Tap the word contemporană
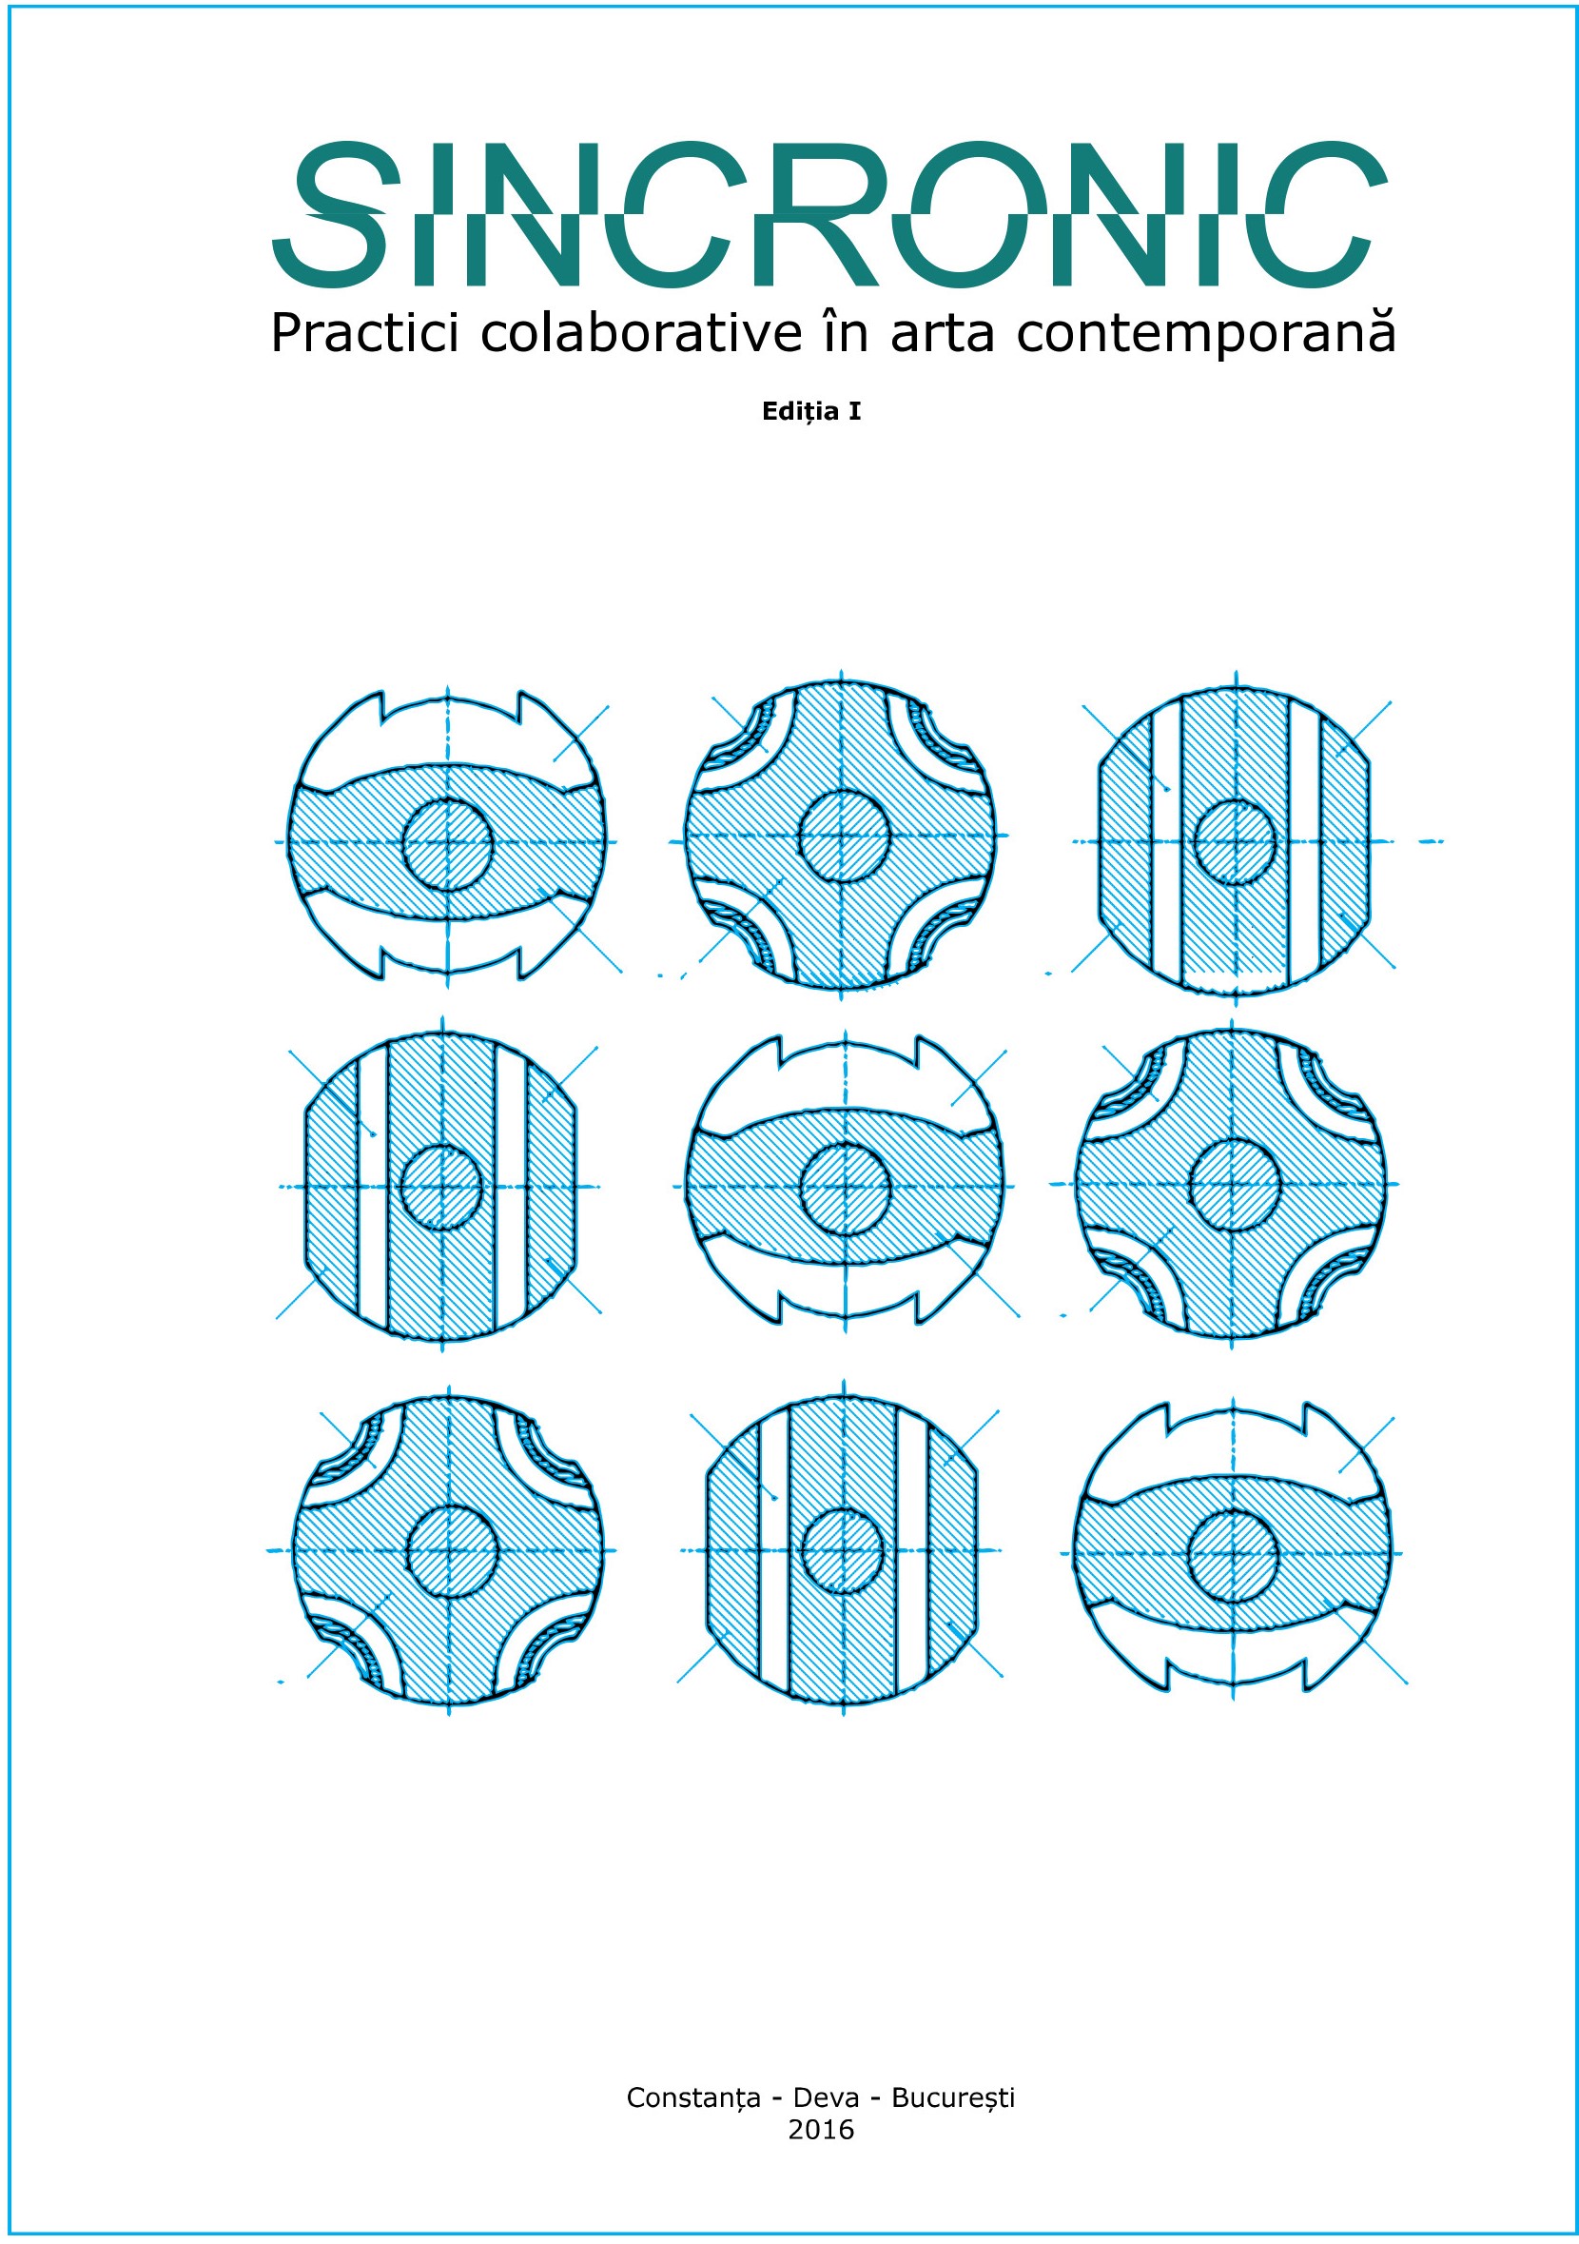tap(1206, 335)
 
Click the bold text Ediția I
tap(811, 411)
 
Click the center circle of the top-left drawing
tap(447, 844)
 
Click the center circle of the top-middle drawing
tap(843, 837)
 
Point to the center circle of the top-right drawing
tap(1235, 841)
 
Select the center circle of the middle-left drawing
tap(441, 1188)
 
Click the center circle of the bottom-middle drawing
tap(842, 1551)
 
